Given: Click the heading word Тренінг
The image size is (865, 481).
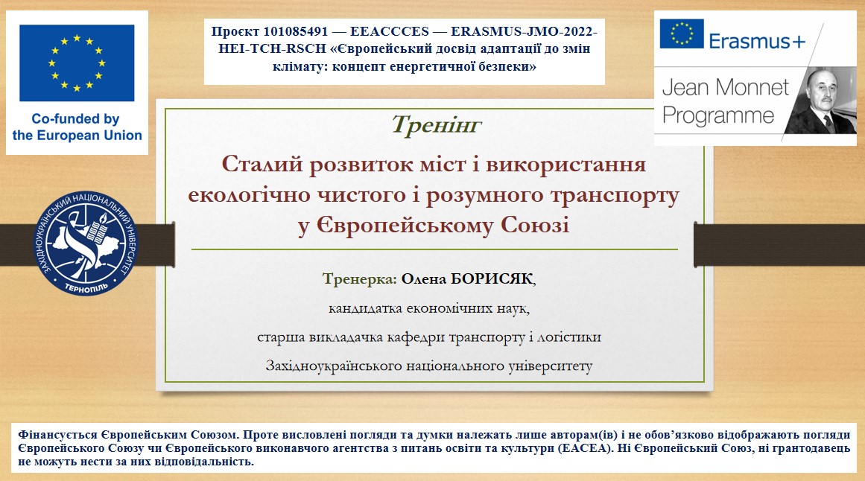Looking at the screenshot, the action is [x=437, y=125].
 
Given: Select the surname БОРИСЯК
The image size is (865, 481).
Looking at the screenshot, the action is [x=492, y=279].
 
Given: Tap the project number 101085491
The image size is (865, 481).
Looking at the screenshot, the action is [x=296, y=31].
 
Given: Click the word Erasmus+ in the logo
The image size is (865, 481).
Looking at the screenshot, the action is [x=757, y=41].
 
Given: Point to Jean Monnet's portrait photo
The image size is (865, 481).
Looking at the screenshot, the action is [x=820, y=101].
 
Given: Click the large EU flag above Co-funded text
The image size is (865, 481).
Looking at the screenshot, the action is [x=77, y=63].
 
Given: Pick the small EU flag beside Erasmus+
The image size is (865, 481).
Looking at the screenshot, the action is [x=681, y=34].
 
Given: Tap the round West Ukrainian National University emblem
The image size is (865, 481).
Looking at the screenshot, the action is [x=86, y=243].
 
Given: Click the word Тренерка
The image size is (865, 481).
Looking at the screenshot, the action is [x=360, y=279].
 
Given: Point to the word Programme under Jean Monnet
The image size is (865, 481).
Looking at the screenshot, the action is [x=718, y=116].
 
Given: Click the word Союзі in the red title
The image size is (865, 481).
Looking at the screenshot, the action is [x=535, y=225].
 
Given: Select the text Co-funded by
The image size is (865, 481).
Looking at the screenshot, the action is [x=75, y=119].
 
